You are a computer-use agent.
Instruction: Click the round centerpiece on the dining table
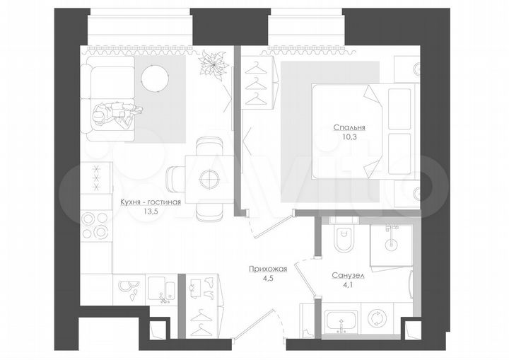tap(208, 179)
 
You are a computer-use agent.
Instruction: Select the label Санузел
tap(346, 276)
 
